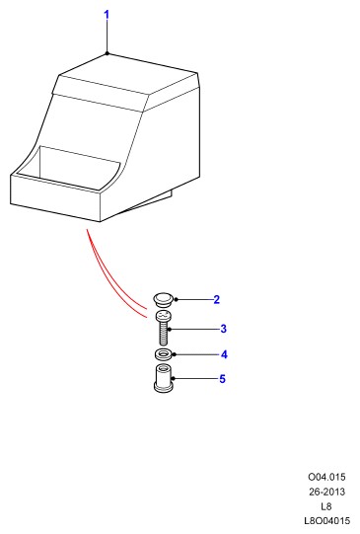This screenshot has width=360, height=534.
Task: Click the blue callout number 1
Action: (x=107, y=15)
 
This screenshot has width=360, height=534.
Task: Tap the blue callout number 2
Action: (x=216, y=300)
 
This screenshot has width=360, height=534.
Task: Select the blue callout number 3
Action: (x=223, y=329)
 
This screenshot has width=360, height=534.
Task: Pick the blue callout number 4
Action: (x=224, y=354)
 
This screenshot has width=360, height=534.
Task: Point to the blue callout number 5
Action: (x=222, y=379)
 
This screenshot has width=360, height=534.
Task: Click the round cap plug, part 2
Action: (x=164, y=299)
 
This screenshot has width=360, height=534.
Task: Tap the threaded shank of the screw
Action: (x=164, y=333)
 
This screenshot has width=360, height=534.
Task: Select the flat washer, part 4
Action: (x=164, y=354)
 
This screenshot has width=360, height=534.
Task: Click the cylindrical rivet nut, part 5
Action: (x=164, y=378)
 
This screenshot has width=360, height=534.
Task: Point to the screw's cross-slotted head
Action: (x=164, y=316)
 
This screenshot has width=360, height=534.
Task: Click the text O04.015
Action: (x=326, y=477)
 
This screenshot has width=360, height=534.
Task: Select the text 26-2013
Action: (x=326, y=492)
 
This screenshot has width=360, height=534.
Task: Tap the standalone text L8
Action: (x=326, y=506)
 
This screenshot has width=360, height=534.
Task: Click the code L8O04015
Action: (x=326, y=521)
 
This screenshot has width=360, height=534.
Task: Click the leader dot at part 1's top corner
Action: (x=107, y=53)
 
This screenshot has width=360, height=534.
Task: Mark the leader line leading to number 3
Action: (x=194, y=330)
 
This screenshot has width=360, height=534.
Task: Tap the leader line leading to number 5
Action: (x=195, y=378)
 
